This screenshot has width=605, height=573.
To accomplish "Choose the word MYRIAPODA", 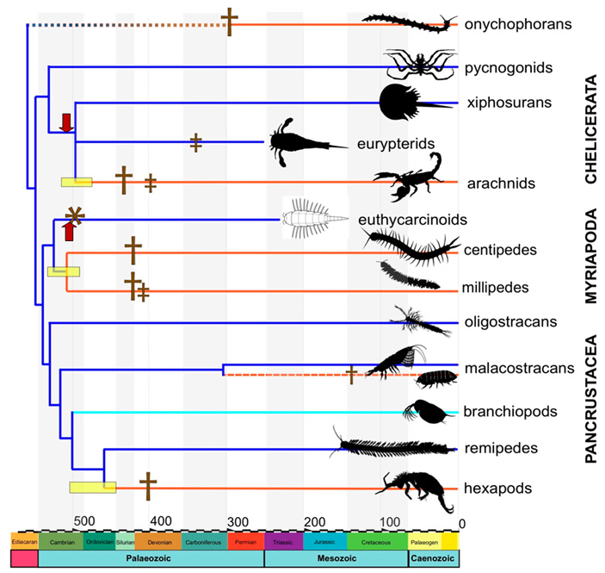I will [591, 256].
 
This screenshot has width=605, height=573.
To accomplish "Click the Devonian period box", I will [158, 541].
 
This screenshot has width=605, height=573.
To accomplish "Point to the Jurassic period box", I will [324, 541].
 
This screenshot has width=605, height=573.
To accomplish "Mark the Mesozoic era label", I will [336, 558].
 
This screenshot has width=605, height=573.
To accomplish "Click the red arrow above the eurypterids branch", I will [65, 122].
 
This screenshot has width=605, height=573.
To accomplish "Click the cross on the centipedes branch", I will [133, 251].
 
